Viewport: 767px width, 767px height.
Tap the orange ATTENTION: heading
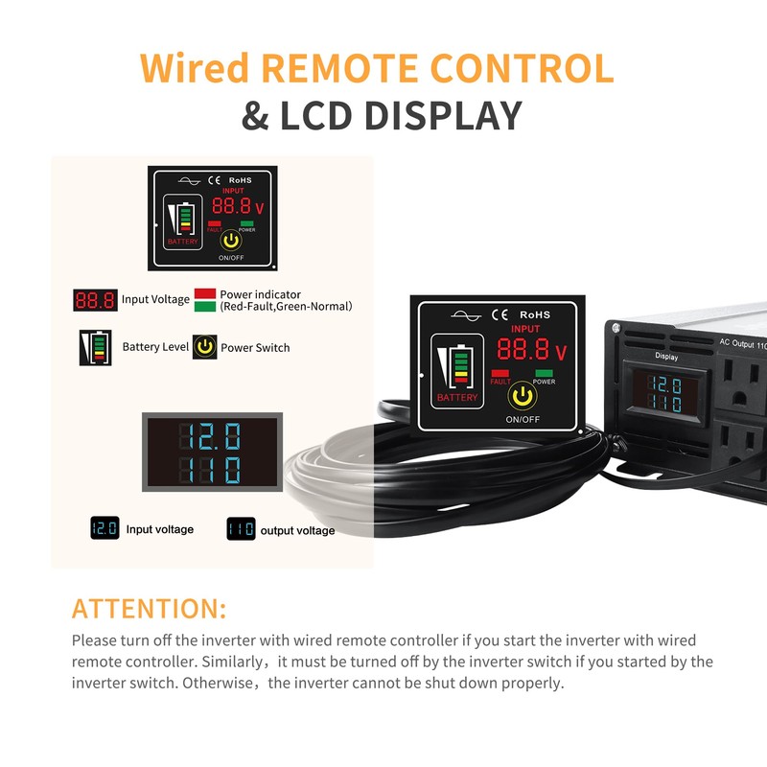coord(149,609)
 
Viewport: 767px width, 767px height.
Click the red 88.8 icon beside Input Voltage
coord(95,300)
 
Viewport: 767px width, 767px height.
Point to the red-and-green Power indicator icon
coord(204,300)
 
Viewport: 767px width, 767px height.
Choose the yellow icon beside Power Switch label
coord(204,347)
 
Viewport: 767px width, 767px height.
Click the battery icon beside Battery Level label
coord(95,347)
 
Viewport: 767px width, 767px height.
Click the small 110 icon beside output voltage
coord(241,529)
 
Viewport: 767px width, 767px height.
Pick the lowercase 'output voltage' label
coord(297,530)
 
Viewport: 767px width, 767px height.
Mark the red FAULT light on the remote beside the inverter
coord(499,373)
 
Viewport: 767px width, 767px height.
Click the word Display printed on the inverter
coord(665,357)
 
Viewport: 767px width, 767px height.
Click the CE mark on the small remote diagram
coord(215,179)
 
